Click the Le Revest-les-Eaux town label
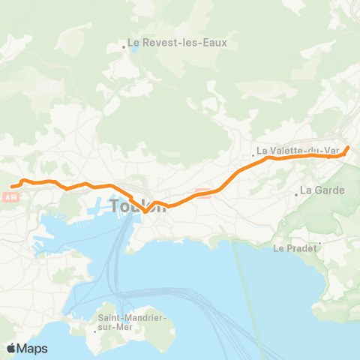178,43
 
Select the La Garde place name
322,190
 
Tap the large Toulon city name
138,205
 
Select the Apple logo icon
11,349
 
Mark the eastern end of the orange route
347,147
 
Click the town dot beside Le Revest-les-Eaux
124,47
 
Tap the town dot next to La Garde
297,193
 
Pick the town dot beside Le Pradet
320,243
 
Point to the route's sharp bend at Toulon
145,211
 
